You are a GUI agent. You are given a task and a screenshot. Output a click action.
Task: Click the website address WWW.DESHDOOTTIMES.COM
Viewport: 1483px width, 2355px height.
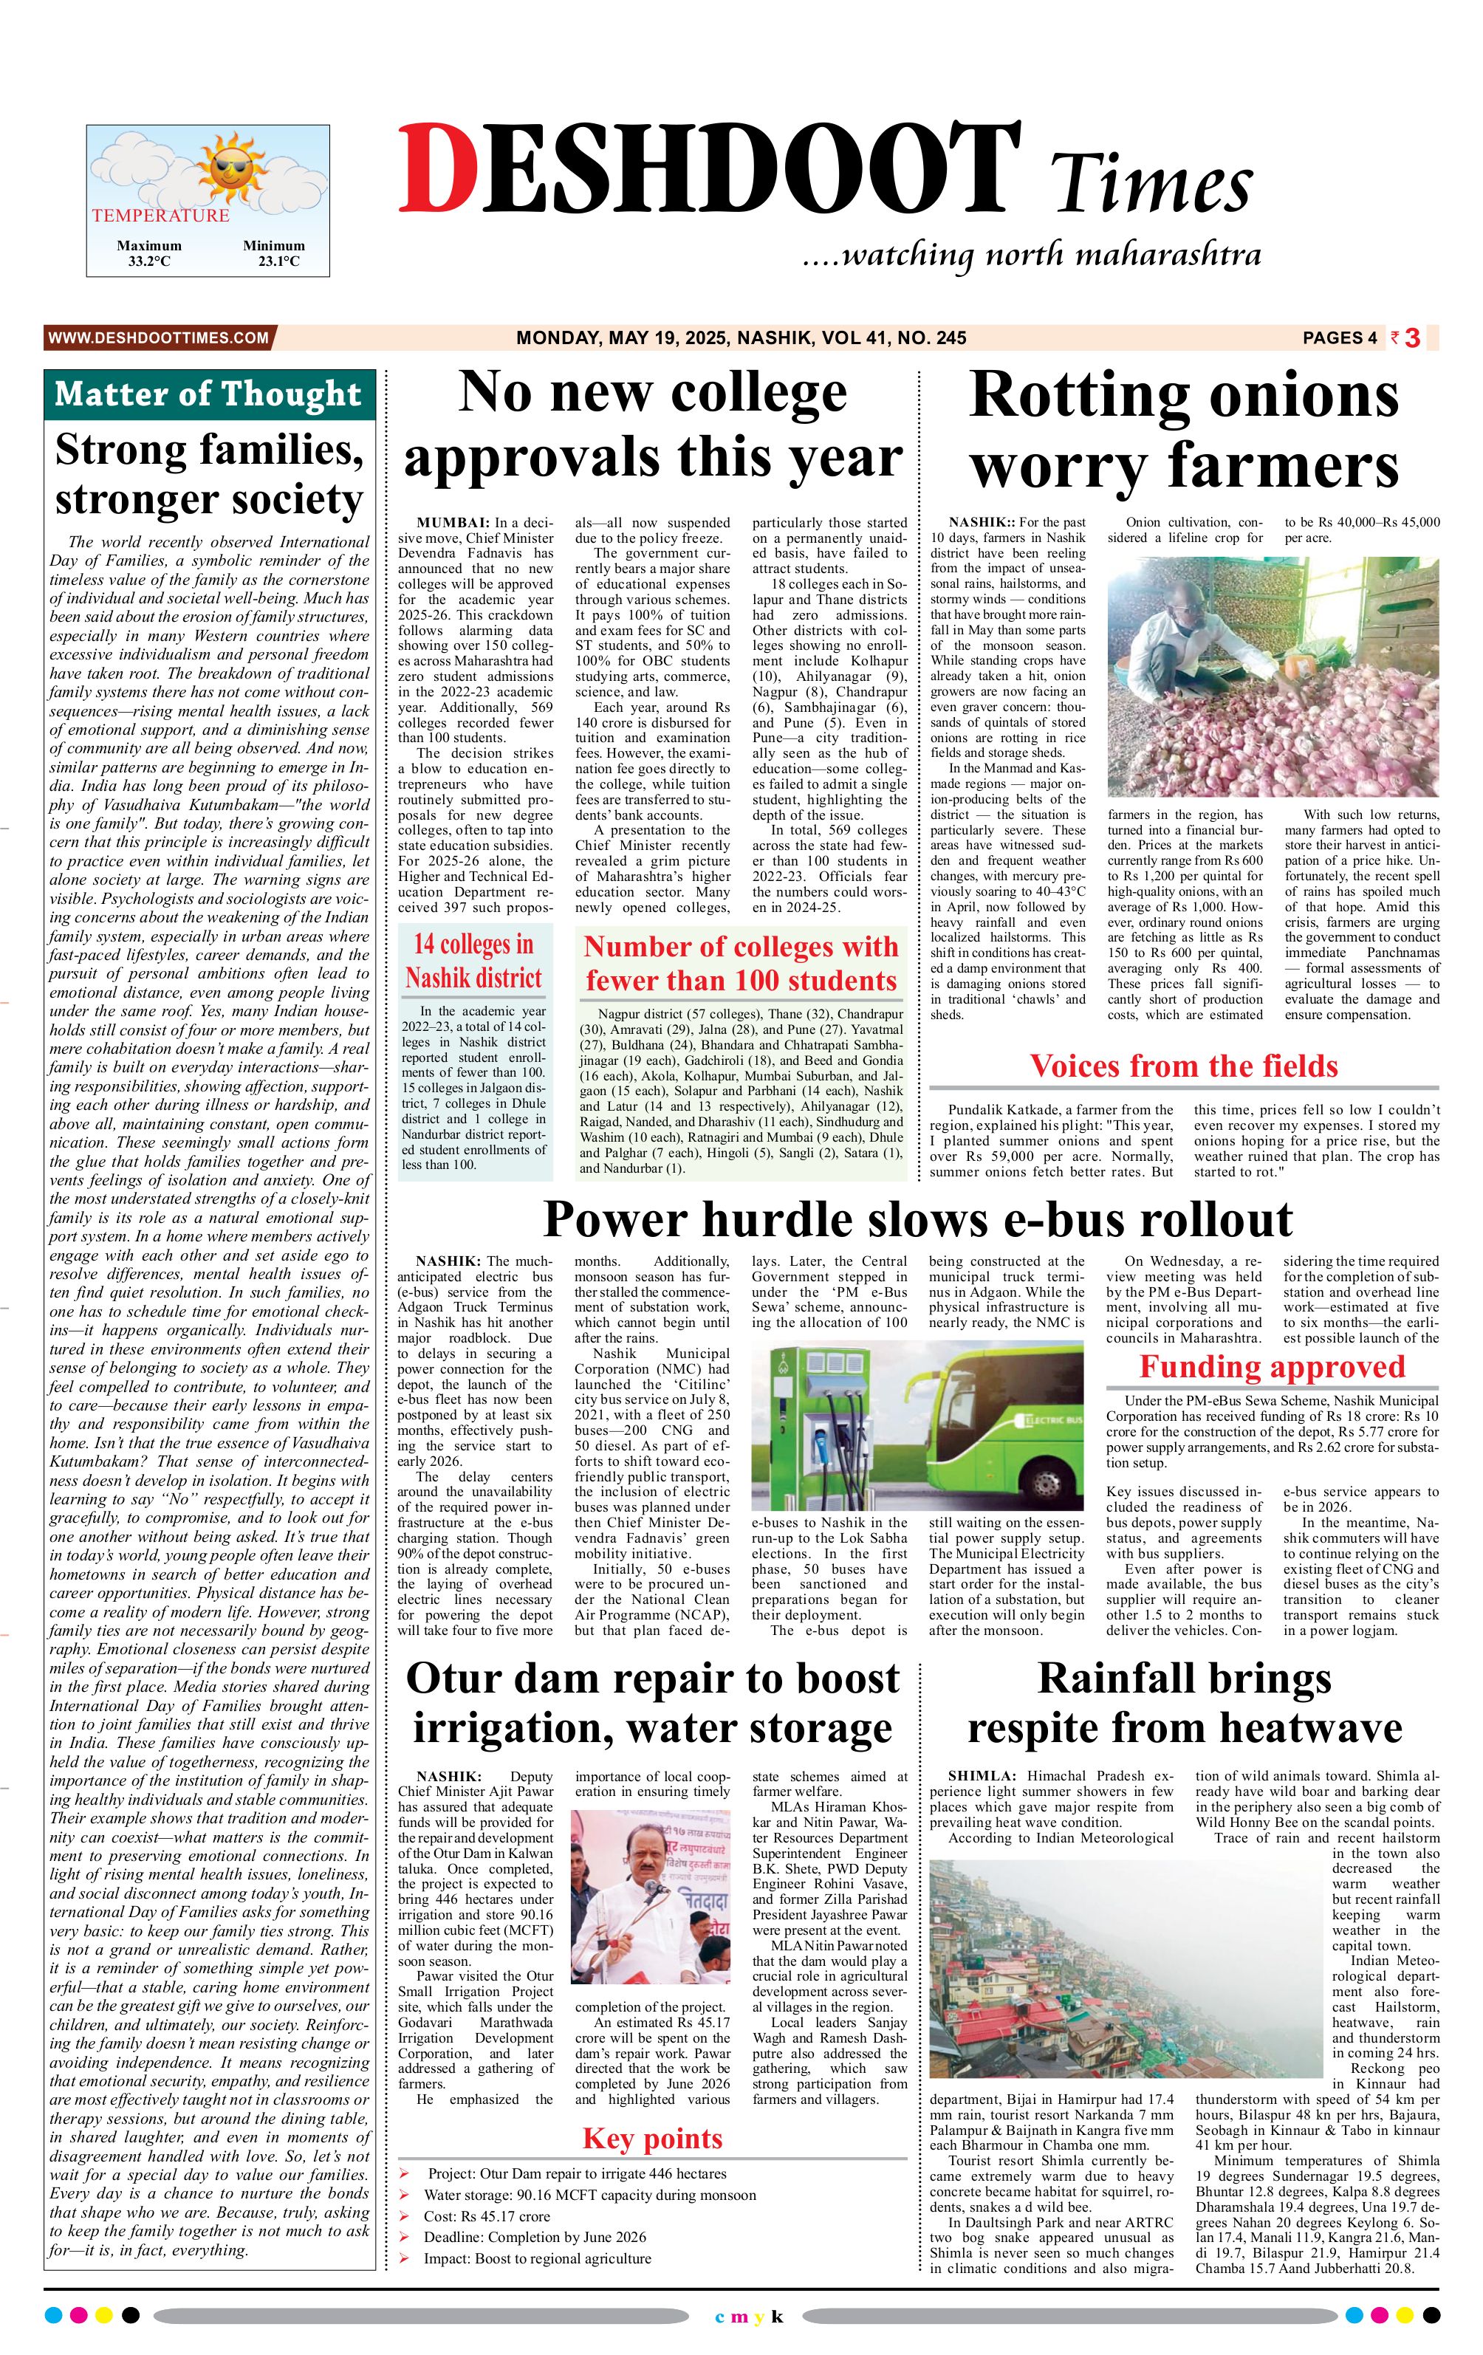tap(157, 337)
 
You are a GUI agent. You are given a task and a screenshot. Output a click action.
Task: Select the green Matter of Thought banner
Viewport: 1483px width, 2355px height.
tap(208, 394)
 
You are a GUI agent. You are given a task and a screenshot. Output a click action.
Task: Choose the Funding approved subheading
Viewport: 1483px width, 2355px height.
tap(1271, 1366)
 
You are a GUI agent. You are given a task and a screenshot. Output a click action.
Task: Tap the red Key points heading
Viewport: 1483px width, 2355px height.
tap(651, 2138)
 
